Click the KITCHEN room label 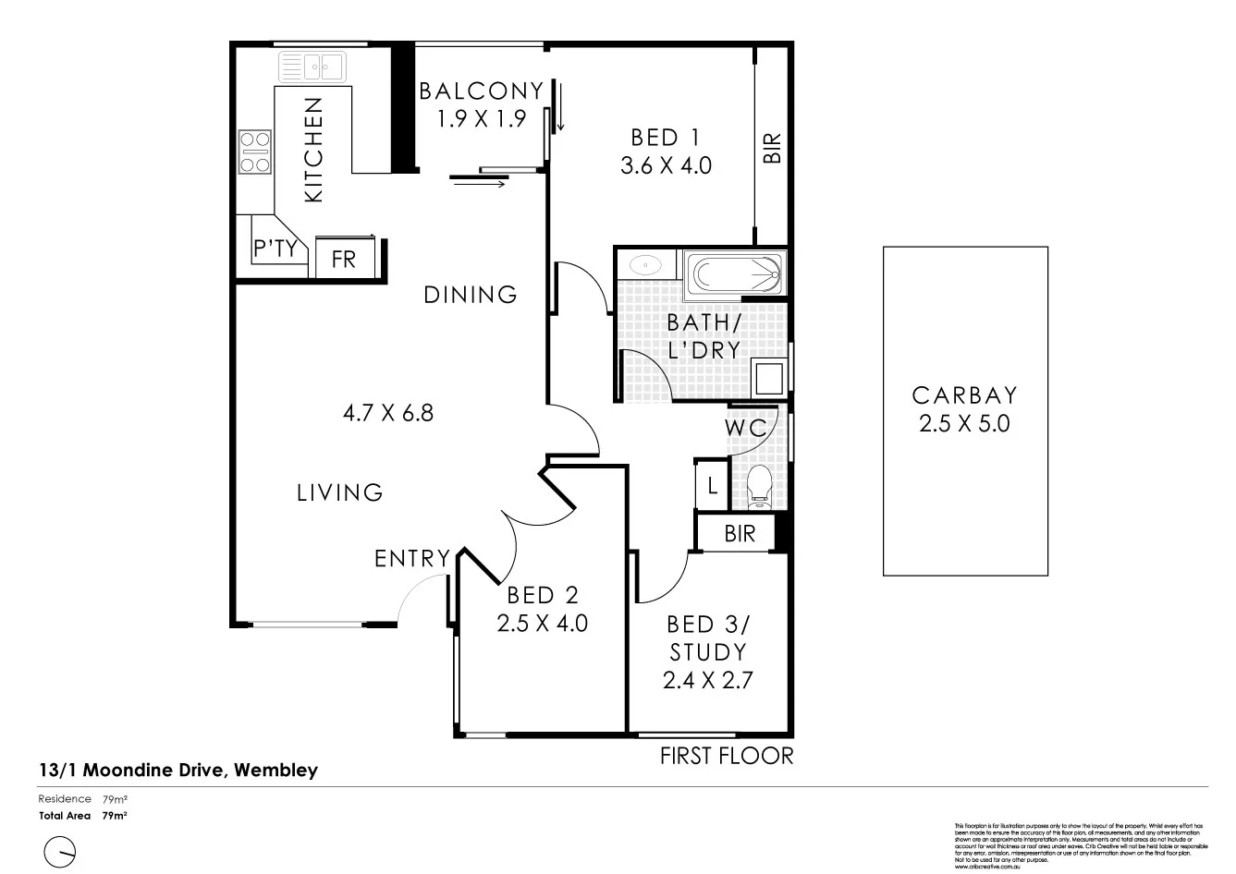pyautogui.click(x=313, y=150)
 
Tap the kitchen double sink pyautogui.click(x=312, y=67)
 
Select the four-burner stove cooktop pyautogui.click(x=255, y=152)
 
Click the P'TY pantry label pyautogui.click(x=275, y=249)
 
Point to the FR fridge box pyautogui.click(x=344, y=258)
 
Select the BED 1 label pyautogui.click(x=665, y=138)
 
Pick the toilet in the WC pyautogui.click(x=760, y=485)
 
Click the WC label pyautogui.click(x=745, y=429)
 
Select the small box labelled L pyautogui.click(x=710, y=484)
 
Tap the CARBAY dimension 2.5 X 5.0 pyautogui.click(x=964, y=424)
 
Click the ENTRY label pyautogui.click(x=412, y=558)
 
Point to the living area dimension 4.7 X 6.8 pyautogui.click(x=387, y=412)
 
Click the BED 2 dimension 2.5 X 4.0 pyautogui.click(x=542, y=624)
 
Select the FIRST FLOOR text pyautogui.click(x=726, y=756)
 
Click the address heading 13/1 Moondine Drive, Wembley pyautogui.click(x=178, y=770)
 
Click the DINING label pyautogui.click(x=471, y=295)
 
